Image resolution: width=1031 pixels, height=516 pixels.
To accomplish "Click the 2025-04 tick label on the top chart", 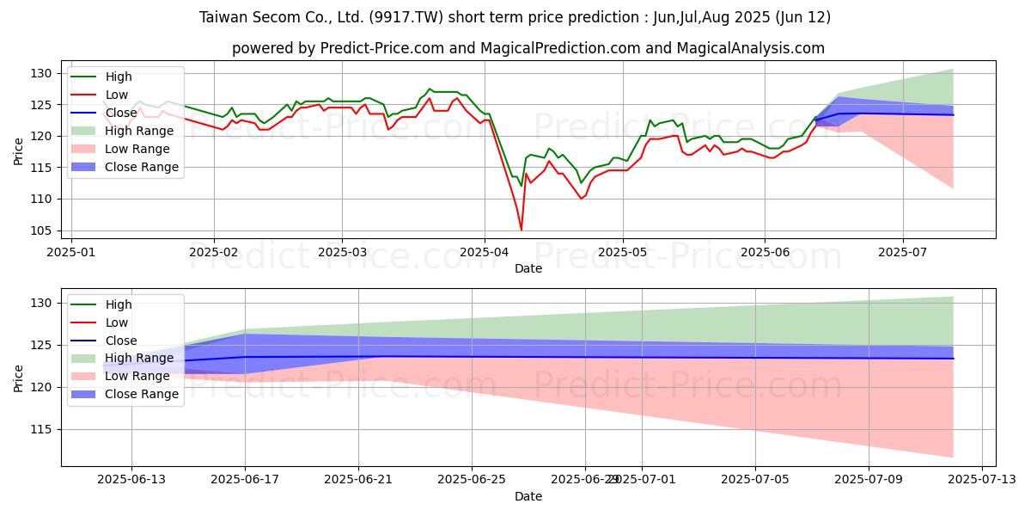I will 485,254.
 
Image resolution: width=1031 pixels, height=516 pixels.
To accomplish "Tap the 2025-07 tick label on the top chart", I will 903,254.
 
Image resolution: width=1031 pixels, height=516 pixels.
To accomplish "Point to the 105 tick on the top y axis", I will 43,230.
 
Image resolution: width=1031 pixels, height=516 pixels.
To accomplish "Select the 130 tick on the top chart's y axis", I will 43,74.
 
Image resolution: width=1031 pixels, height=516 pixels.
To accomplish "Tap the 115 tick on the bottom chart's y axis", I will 43,429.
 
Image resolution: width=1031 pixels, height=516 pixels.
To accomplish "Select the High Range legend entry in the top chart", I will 139,131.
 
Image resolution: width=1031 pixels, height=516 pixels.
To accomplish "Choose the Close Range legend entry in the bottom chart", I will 142,394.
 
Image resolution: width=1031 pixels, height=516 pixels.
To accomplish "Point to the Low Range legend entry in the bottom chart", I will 138,376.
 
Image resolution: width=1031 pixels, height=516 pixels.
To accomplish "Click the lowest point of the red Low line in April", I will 522,230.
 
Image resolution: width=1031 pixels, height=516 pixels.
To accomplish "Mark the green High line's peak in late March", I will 430,89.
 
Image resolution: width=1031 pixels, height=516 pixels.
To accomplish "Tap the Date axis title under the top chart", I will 528,268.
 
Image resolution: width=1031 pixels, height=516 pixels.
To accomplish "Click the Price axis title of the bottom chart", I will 19,378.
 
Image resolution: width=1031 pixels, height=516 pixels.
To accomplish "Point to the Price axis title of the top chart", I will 19,151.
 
